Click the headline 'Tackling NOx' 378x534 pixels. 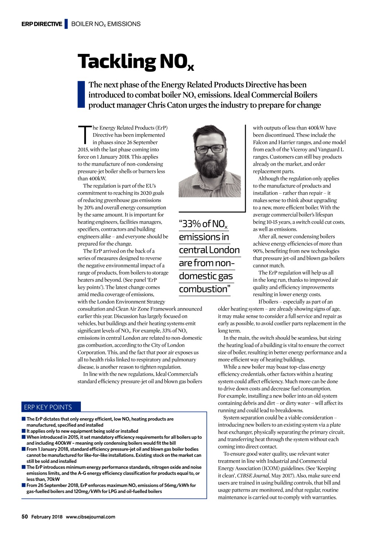point(135,62)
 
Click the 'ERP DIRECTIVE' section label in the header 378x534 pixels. point(42,24)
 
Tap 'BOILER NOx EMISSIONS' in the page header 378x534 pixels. point(106,24)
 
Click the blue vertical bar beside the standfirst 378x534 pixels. point(81,95)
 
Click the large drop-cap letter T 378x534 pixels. point(85,135)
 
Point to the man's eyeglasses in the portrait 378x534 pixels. point(210,149)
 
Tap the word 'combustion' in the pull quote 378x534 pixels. point(203,289)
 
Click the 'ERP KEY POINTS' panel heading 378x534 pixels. point(48,407)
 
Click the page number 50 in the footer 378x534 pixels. point(25,517)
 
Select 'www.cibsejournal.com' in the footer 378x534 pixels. point(90,517)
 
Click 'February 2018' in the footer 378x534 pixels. point(47,517)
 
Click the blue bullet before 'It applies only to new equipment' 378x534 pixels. point(24,431)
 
